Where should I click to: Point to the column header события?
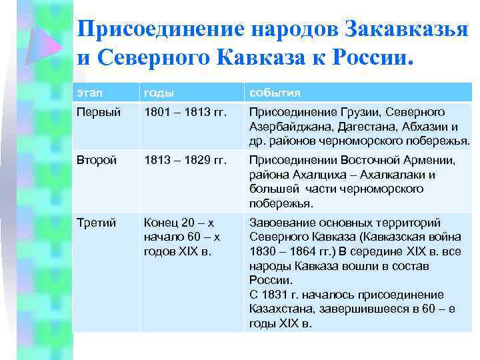275,92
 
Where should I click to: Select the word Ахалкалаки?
398,175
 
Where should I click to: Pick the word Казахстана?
280,309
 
